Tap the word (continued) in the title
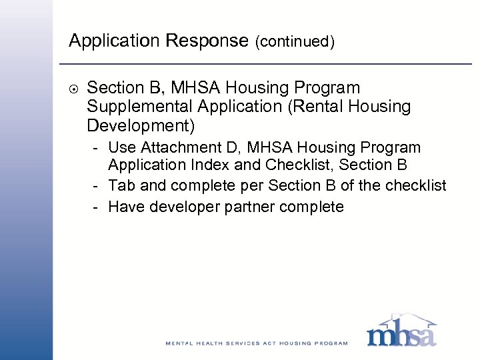[x=294, y=43]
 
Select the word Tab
[x=121, y=185]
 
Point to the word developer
[x=181, y=207]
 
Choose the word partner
[x=250, y=207]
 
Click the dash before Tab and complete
[x=97, y=186]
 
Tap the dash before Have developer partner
[x=97, y=207]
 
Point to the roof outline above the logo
[x=402, y=319]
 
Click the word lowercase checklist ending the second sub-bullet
[x=414, y=185]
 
